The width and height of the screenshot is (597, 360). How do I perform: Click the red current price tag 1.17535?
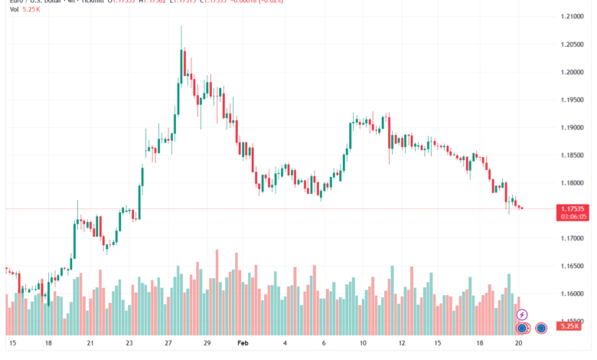(574, 208)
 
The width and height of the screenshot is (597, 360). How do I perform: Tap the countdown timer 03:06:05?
(574, 217)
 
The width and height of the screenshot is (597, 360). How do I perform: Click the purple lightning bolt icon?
(522, 314)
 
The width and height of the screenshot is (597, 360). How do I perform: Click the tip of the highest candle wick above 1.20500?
(181, 26)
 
